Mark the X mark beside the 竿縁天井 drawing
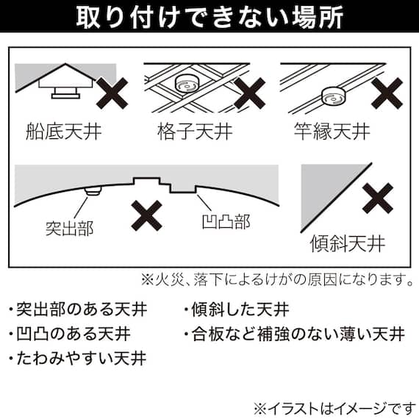[386, 93]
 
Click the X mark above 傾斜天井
[379, 197]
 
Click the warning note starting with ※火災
[276, 280]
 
